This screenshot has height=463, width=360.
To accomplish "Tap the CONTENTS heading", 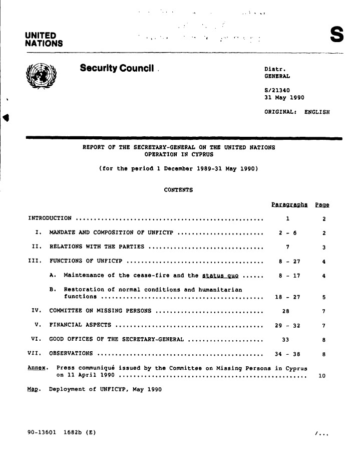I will coord(178,189).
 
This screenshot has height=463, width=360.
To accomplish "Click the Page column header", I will coord(322,205).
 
